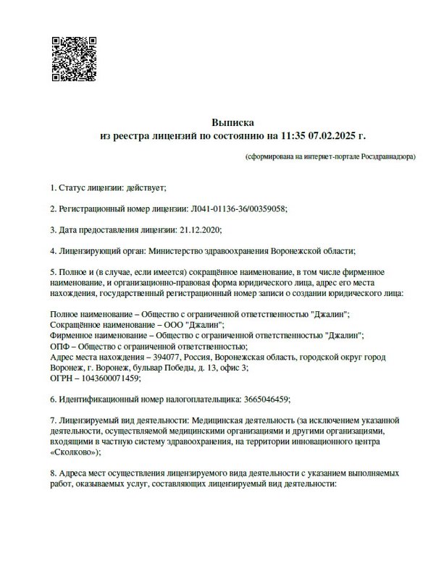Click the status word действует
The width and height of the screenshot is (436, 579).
pos(147,188)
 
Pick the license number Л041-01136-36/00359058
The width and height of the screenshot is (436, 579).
pos(238,209)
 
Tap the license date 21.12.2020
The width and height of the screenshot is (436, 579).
pos(198,230)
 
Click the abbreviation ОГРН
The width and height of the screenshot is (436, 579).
pos(62,378)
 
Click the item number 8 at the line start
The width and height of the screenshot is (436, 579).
pos(52,473)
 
